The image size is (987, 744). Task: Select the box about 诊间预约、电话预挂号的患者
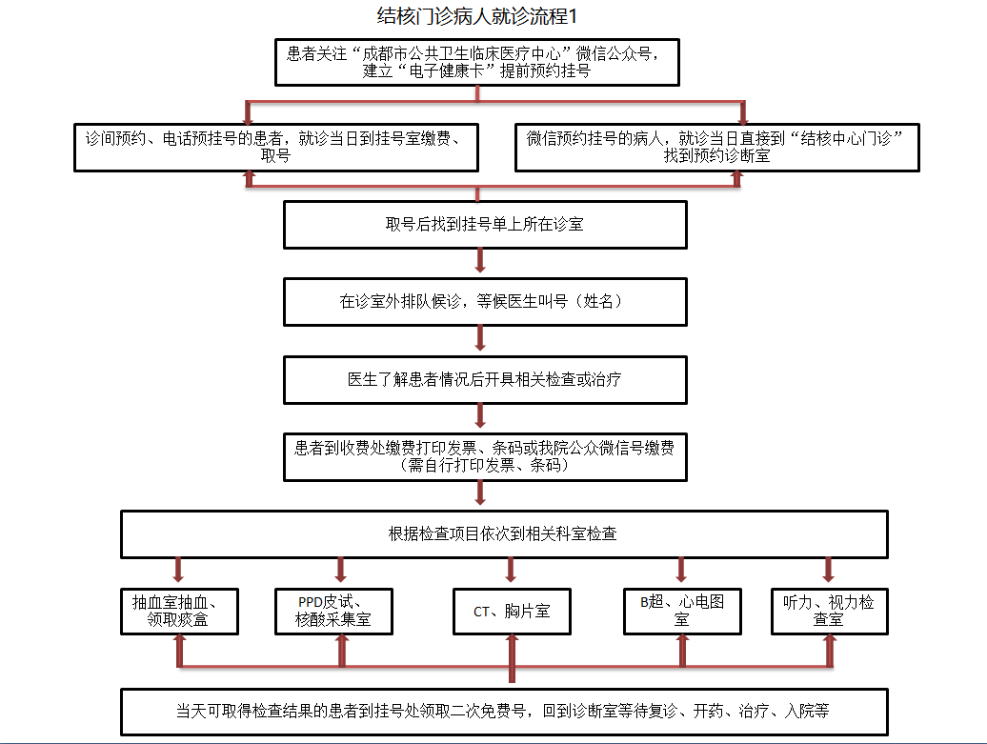pos(276,148)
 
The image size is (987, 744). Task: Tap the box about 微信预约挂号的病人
pos(716,148)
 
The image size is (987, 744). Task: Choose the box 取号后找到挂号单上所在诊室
pos(485,225)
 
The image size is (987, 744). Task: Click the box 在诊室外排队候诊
pos(485,301)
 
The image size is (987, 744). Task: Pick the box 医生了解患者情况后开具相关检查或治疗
pos(485,379)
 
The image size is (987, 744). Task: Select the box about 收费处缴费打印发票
pos(485,457)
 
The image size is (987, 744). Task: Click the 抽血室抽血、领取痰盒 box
pos(178,612)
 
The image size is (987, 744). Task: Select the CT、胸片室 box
pos(512,612)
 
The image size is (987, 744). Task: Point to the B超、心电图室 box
pos(682,612)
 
